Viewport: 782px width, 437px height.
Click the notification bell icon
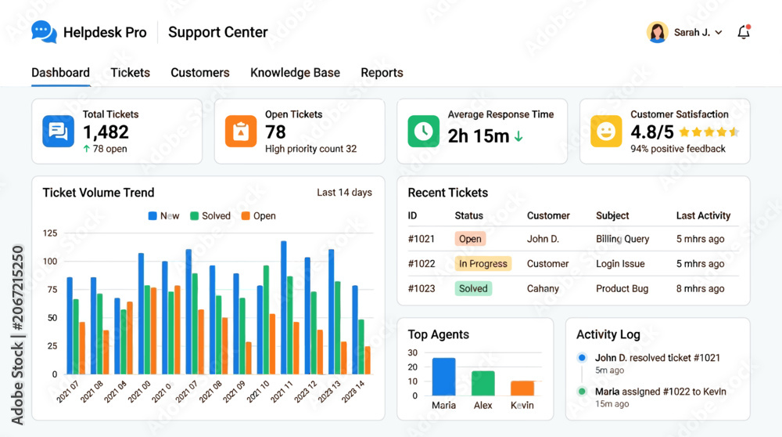(x=744, y=32)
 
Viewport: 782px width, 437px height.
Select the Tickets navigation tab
(x=130, y=72)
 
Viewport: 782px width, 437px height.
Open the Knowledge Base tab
(x=296, y=72)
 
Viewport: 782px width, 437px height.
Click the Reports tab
(x=382, y=73)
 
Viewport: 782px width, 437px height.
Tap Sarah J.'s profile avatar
(x=658, y=32)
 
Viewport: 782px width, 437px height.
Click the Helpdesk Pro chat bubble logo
(x=44, y=32)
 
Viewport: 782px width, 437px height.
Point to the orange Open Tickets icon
(x=241, y=132)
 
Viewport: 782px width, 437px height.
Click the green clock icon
(x=423, y=132)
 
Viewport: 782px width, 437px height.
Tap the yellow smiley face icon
(x=606, y=132)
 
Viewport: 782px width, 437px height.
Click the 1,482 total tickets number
(x=106, y=132)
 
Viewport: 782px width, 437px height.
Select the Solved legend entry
(x=210, y=215)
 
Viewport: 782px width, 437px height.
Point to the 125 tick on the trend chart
(x=50, y=233)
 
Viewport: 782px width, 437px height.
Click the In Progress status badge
(x=482, y=264)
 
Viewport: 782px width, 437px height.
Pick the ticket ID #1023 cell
(x=421, y=289)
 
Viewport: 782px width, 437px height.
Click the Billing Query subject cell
(x=622, y=239)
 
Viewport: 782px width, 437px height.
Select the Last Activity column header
(x=703, y=215)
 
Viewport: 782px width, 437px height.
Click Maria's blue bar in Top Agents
(x=444, y=377)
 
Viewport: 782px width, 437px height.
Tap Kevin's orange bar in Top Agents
(x=522, y=388)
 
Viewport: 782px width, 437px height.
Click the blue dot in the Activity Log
(x=582, y=358)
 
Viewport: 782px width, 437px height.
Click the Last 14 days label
(x=345, y=193)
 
